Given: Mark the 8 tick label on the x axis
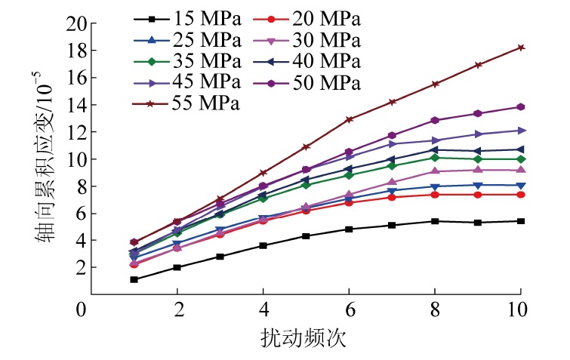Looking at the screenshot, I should coord(435,310).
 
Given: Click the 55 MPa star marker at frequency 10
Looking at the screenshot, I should coord(521,48).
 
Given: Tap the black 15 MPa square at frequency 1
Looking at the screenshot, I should coord(134,279).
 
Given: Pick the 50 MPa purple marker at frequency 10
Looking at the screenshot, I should coord(521,107).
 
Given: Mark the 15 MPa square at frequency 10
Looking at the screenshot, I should coord(521,221).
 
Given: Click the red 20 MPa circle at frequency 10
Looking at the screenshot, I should coord(521,195).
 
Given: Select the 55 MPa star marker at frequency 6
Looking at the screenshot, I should coord(349,119).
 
